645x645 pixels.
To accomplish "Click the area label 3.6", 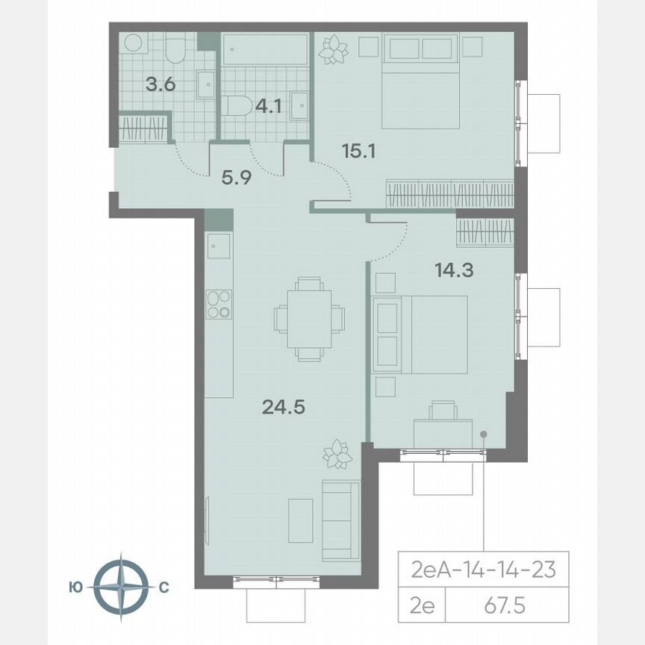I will pyautogui.click(x=160, y=84).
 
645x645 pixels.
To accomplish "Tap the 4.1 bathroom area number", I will pyautogui.click(x=268, y=106).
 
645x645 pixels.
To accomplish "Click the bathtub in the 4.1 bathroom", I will pyautogui.click(x=266, y=49).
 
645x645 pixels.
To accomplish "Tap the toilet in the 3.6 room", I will pyautogui.click(x=177, y=49).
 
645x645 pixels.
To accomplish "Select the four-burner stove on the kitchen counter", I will pyautogui.click(x=219, y=305).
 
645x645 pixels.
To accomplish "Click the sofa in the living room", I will pyautogui.click(x=340, y=521).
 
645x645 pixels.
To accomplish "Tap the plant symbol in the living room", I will pyautogui.click(x=337, y=453).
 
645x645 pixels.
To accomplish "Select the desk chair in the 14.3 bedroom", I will pyautogui.click(x=443, y=410).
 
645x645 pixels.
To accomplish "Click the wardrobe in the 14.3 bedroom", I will pyautogui.click(x=485, y=232).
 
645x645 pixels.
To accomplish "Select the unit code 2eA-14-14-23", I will pyautogui.click(x=483, y=570).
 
